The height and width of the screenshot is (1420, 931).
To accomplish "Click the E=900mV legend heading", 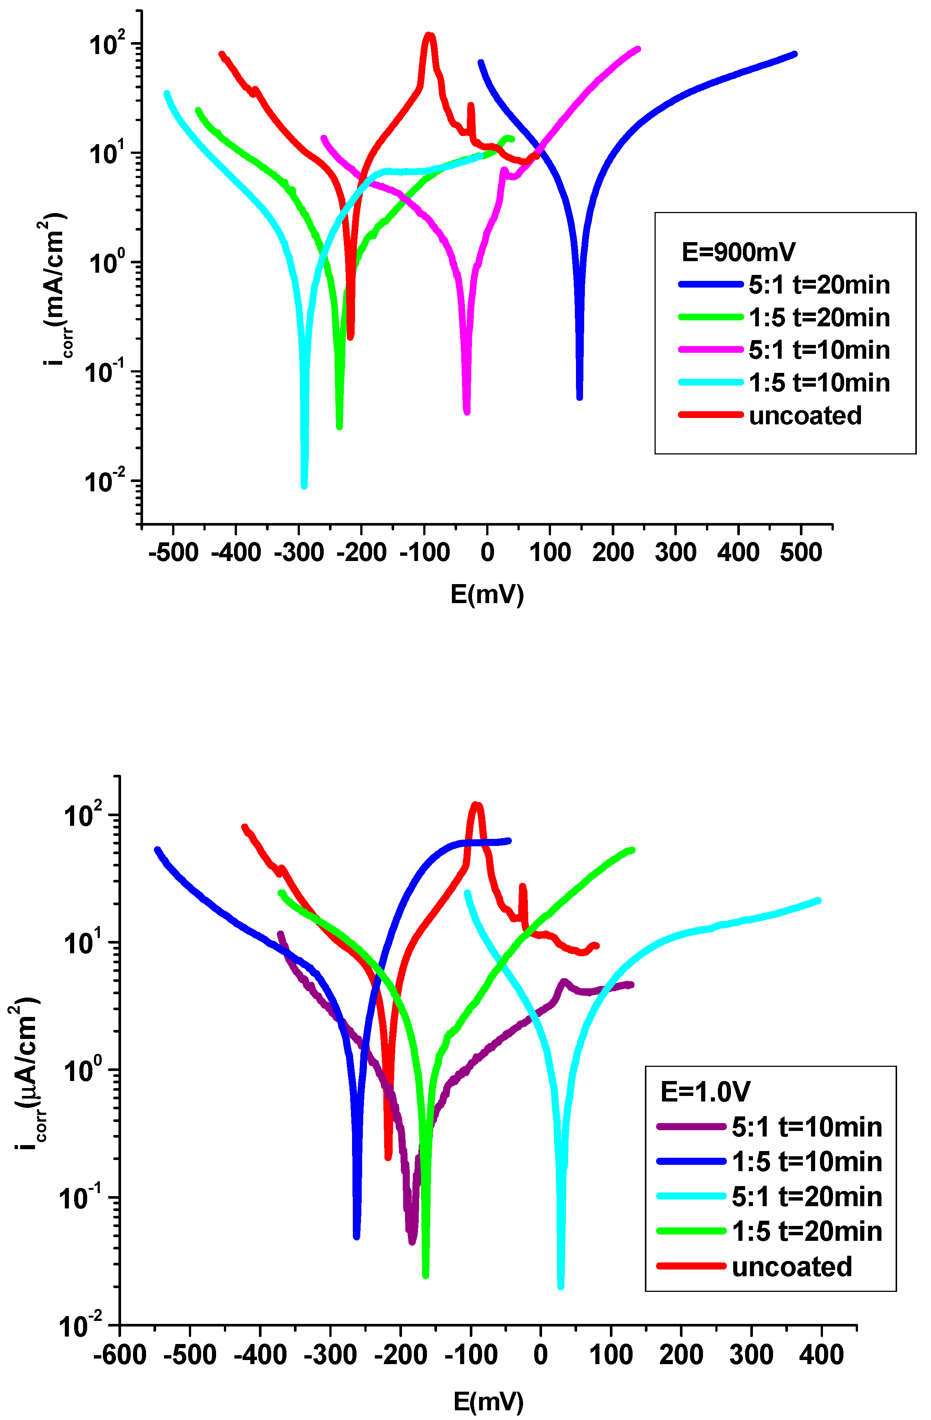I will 738,253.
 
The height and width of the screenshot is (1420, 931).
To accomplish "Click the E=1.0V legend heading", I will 705,1092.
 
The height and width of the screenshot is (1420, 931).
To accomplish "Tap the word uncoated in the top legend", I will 805,416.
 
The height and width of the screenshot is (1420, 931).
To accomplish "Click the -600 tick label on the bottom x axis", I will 120,1355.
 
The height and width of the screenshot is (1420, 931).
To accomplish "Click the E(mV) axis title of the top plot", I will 487,594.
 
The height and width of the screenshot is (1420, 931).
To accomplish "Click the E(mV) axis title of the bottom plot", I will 488,1401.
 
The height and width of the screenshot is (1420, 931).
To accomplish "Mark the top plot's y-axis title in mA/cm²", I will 56,292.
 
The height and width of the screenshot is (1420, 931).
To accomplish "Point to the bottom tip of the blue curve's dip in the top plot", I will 579,397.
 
